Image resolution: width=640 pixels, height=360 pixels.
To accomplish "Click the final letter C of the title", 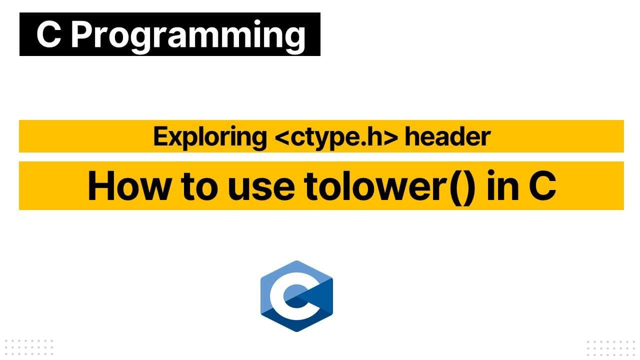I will point(542,186).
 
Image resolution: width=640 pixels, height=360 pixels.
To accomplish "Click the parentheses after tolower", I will point(458,186).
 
